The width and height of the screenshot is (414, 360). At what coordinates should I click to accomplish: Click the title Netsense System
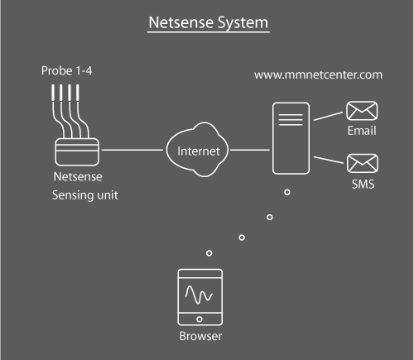click(209, 22)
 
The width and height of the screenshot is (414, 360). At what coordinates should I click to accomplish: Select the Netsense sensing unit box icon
click(76, 151)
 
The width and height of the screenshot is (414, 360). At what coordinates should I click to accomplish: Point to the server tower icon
click(290, 139)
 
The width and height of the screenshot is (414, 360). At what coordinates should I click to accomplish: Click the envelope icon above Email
click(362, 112)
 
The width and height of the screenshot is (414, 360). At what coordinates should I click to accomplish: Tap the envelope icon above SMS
click(362, 163)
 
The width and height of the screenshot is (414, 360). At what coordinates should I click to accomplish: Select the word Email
click(362, 131)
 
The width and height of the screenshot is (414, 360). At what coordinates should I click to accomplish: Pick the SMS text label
click(363, 184)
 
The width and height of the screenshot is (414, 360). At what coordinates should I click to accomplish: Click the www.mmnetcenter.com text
click(318, 74)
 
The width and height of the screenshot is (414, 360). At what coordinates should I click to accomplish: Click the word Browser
click(200, 337)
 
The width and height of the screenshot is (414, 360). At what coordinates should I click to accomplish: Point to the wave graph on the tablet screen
click(200, 294)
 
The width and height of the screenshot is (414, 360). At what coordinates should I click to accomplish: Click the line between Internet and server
click(250, 151)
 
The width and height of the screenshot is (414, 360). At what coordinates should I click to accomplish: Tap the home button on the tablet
click(200, 320)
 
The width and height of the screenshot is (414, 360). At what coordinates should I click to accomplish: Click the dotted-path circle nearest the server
click(287, 193)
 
